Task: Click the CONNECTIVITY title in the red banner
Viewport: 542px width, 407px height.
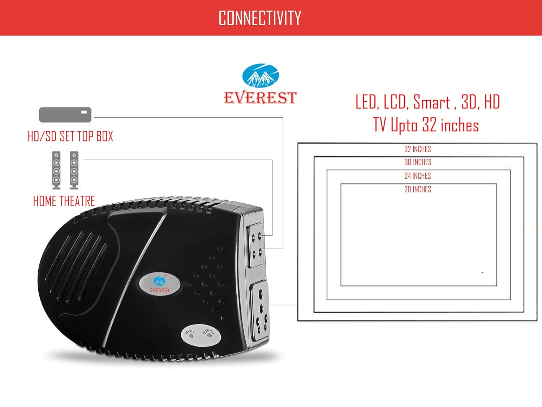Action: (x=260, y=18)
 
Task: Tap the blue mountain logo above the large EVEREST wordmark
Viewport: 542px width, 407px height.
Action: (x=260, y=75)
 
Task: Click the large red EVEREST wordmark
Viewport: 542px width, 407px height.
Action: (x=260, y=98)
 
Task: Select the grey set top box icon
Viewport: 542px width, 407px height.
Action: (x=65, y=114)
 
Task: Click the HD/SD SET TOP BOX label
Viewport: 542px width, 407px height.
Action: (x=70, y=136)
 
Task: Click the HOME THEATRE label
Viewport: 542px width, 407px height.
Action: (x=64, y=201)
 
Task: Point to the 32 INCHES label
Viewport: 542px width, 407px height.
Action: (x=417, y=149)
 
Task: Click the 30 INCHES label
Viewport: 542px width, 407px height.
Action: (x=418, y=162)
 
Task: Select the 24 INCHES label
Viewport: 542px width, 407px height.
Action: (x=418, y=176)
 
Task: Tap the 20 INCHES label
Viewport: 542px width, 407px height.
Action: (x=418, y=189)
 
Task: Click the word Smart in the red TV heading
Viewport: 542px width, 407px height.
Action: (x=431, y=102)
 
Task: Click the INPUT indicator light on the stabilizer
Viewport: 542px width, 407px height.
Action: (x=191, y=336)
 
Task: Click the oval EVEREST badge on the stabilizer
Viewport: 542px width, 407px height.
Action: (x=159, y=284)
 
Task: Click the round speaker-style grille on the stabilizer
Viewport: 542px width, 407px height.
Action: (x=78, y=266)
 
